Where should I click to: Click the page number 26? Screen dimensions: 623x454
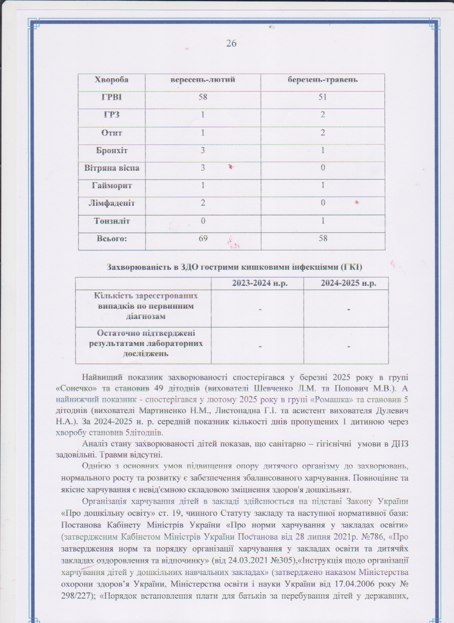(231, 43)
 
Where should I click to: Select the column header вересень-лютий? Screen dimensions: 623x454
(203, 80)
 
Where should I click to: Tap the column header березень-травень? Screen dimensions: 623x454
(323, 80)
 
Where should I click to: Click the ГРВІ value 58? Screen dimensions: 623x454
(203, 97)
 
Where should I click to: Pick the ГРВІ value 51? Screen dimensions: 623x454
(323, 97)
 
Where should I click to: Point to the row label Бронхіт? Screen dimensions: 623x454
(111, 150)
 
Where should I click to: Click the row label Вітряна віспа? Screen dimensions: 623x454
(111, 168)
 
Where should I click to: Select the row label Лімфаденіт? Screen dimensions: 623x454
(111, 203)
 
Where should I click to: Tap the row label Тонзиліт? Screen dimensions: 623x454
(111, 221)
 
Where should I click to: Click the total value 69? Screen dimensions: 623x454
(203, 239)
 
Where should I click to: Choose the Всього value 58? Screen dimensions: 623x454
(323, 239)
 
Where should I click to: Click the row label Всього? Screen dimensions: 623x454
(111, 239)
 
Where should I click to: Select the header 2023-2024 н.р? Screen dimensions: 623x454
(260, 283)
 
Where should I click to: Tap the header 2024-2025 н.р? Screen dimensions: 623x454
(348, 283)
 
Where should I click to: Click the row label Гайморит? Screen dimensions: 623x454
(111, 185)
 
